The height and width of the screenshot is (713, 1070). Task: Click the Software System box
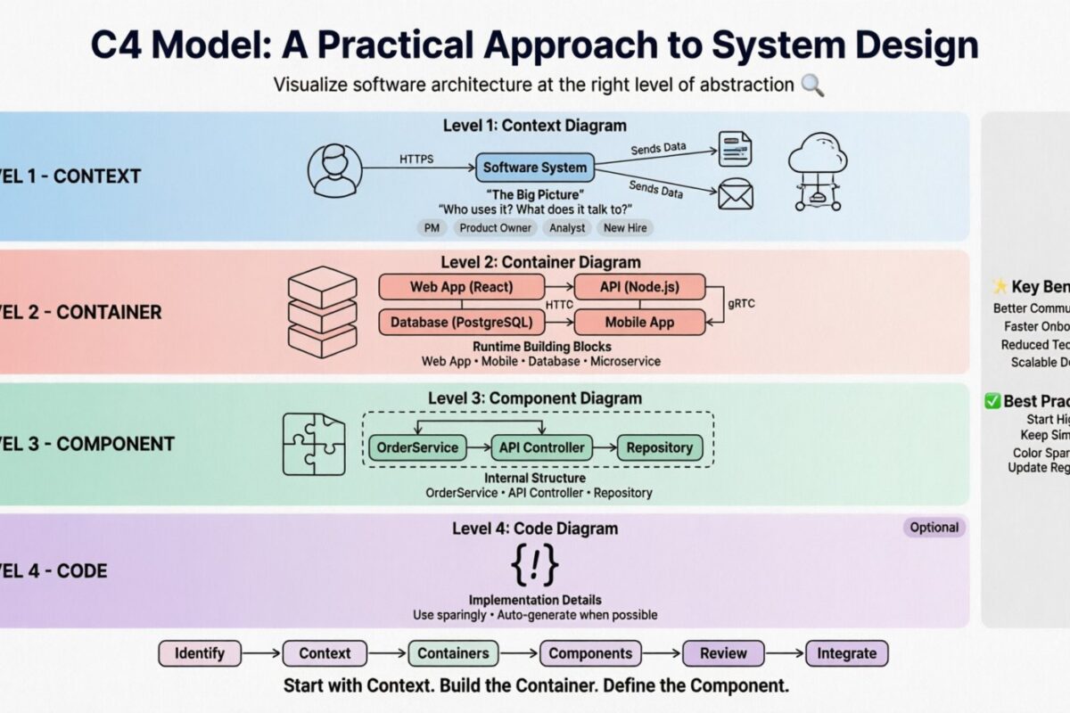coord(535,167)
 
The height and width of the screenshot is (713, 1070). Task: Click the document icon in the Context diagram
coord(737,147)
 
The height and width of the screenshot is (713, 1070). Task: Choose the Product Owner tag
coord(495,227)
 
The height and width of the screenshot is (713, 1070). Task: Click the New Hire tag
coord(626,227)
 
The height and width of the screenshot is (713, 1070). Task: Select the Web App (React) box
coord(461,287)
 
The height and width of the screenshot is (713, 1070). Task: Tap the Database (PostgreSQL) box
coord(461,322)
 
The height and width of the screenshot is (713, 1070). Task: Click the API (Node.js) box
coord(639,287)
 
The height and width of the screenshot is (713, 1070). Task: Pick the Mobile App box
coord(639,322)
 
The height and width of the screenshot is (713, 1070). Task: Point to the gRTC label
coord(741,303)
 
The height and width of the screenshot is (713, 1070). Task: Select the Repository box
coord(659,447)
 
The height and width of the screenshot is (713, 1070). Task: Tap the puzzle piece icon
coord(314,443)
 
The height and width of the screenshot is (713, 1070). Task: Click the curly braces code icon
coord(535,564)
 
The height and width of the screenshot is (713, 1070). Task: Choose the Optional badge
coord(934,528)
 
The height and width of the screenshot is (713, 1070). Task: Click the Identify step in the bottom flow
coord(200,653)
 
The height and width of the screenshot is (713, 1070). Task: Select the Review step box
coord(723,653)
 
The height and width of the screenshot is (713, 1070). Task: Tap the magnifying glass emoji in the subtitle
coord(812,86)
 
